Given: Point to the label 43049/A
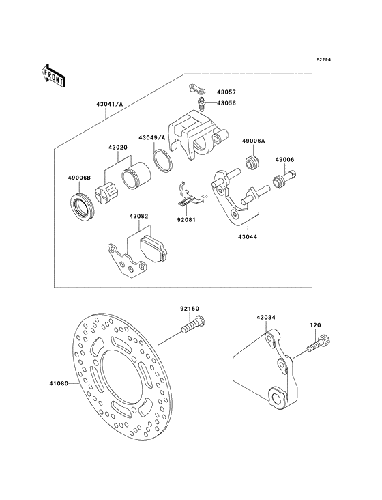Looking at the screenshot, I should coord(153,137).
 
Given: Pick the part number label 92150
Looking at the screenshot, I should coord(190,309).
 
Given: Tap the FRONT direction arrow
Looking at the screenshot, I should coord(53,74).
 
